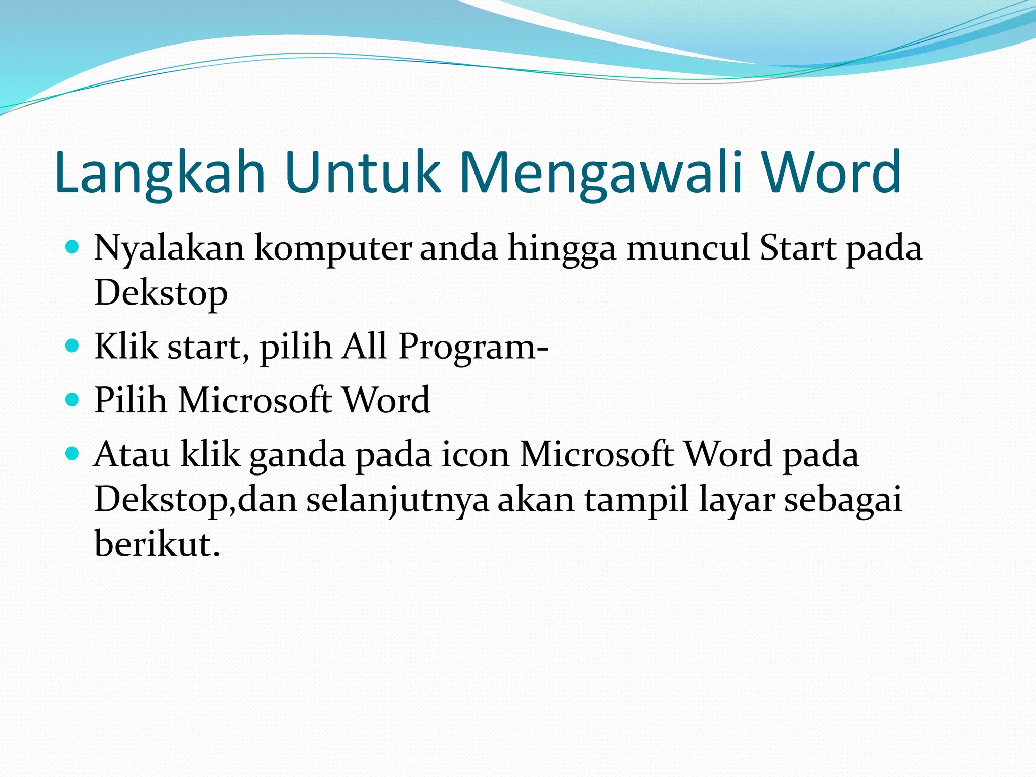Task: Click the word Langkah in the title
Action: click(x=160, y=173)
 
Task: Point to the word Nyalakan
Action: click(x=169, y=249)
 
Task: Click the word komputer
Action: click(x=332, y=249)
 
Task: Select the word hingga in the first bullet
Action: click(x=562, y=249)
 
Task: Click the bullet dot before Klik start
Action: click(x=73, y=346)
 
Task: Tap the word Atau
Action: click(x=132, y=454)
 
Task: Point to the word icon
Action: click(x=476, y=454)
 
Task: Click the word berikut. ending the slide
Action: click(x=157, y=544)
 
